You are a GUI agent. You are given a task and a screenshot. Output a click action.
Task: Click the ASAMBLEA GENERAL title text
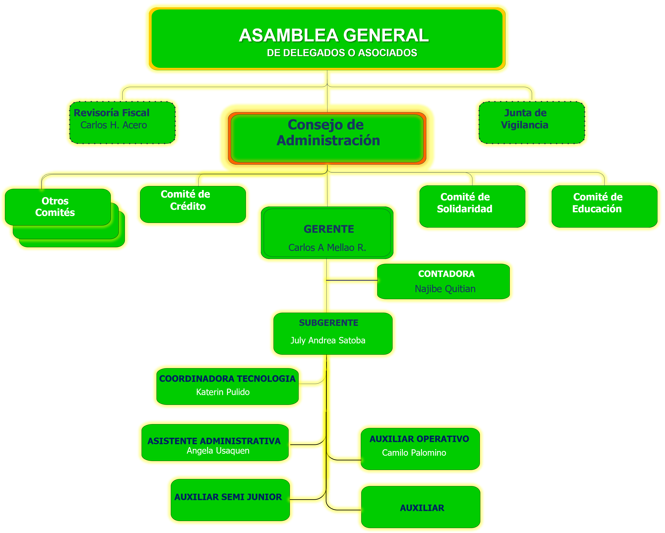point(334,35)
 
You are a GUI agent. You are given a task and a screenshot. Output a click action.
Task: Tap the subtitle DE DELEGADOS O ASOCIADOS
point(342,53)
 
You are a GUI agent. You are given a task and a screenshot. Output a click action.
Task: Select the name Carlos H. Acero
point(114,125)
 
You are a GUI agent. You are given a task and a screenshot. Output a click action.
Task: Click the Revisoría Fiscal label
point(111,113)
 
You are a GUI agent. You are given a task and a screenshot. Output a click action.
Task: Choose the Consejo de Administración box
point(327,138)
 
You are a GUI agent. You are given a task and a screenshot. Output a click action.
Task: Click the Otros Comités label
point(55,207)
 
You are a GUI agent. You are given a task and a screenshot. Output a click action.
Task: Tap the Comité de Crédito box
point(193,204)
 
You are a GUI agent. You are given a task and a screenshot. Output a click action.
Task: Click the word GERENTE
point(329,229)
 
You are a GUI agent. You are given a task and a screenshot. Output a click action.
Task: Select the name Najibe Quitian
point(445,289)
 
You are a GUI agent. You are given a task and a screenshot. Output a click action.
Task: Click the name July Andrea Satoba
point(328,340)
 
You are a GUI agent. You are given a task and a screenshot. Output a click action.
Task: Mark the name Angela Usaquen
point(218,451)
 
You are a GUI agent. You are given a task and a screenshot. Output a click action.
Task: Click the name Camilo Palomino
point(414,452)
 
